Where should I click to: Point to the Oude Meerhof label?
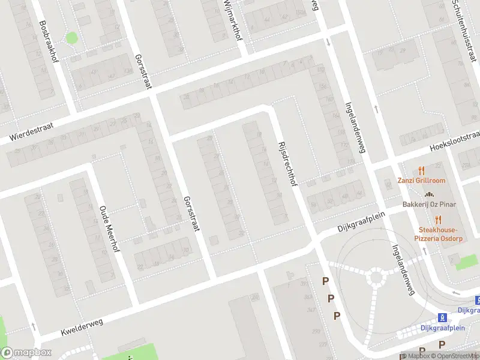point(110,230)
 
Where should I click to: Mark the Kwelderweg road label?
point(82,327)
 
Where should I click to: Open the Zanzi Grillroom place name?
point(421,181)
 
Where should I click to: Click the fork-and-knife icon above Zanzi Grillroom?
point(421,170)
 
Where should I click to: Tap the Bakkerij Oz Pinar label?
point(429,205)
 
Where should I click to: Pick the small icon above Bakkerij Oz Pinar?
point(429,194)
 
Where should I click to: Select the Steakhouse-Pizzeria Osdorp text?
point(438,234)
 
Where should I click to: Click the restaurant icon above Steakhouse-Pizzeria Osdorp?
point(438,219)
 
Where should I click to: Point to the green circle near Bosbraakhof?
point(71,38)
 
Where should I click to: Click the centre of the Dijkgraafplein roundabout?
point(377,277)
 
